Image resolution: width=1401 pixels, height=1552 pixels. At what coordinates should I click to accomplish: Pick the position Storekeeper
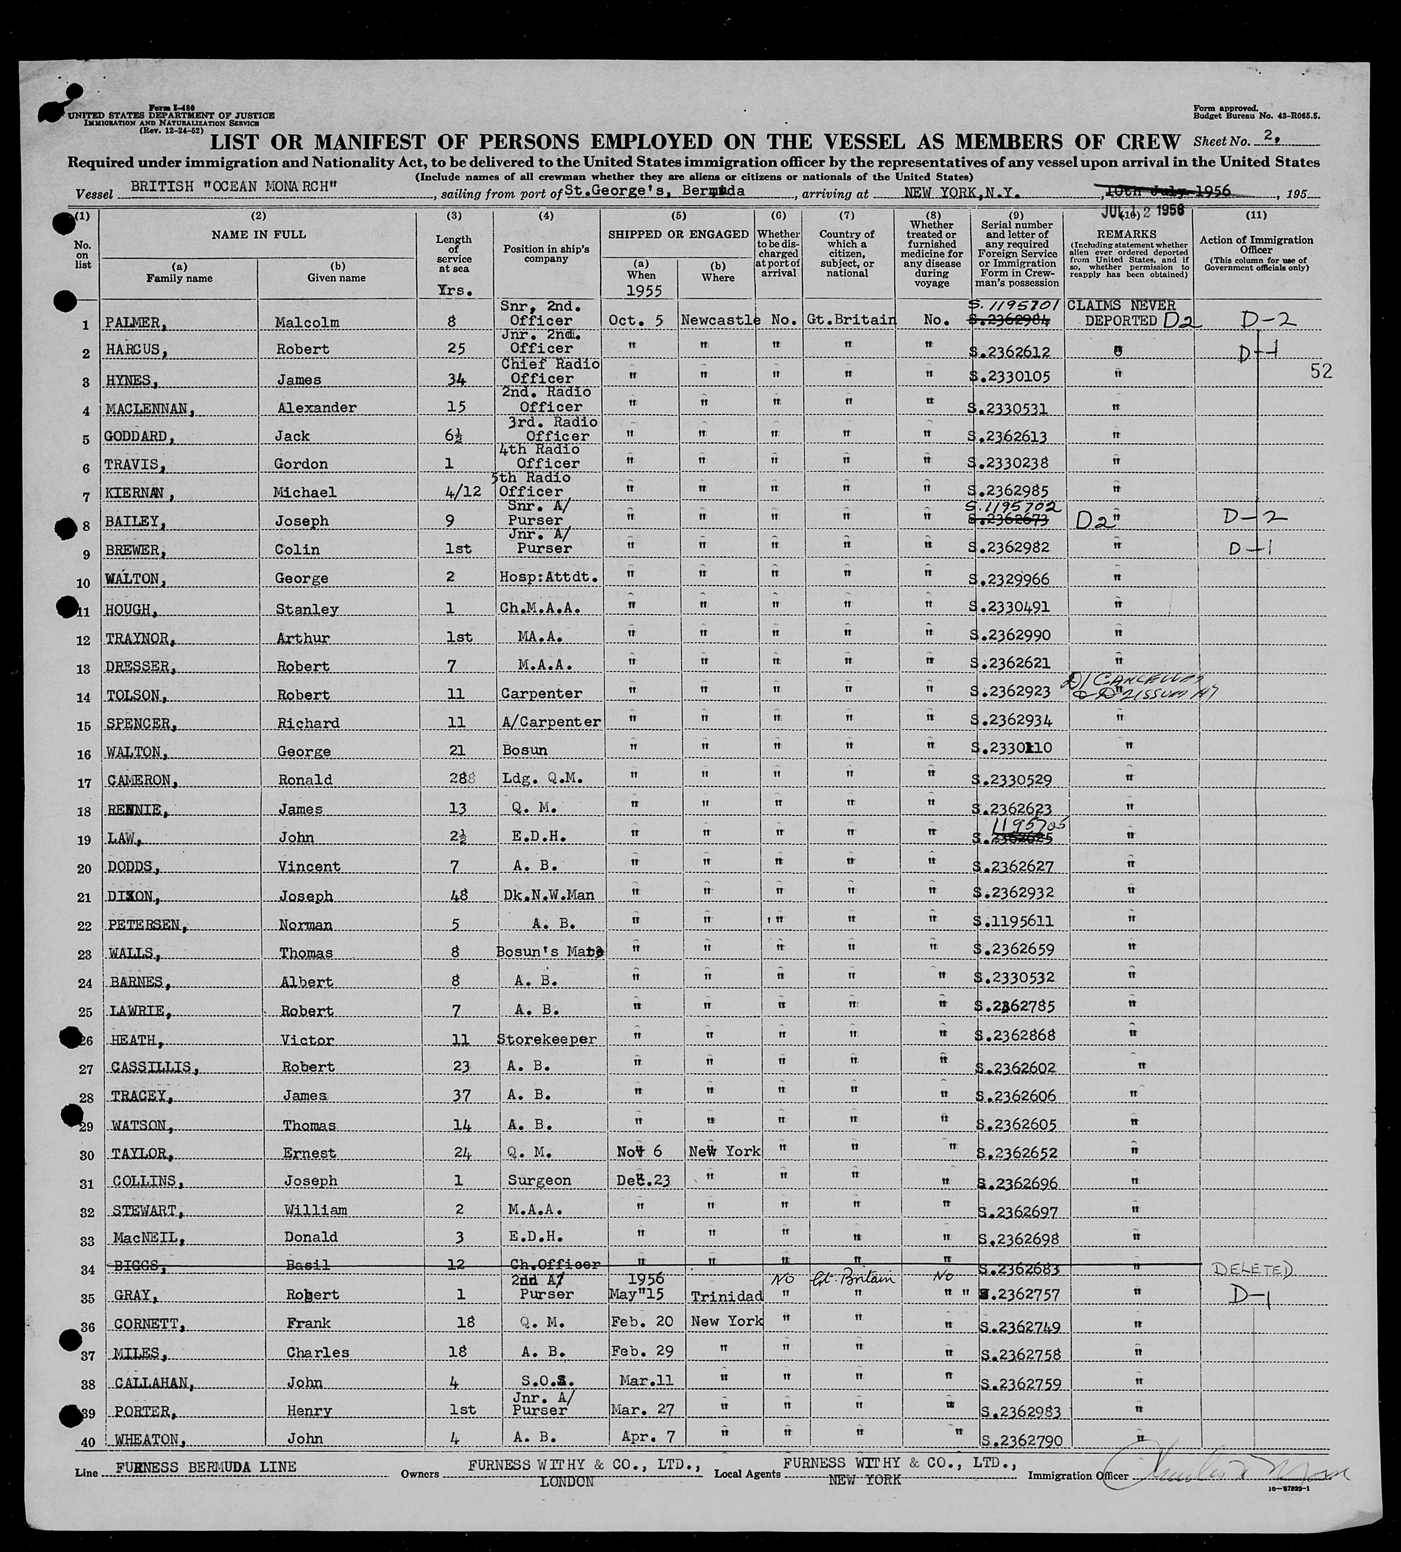(x=546, y=1039)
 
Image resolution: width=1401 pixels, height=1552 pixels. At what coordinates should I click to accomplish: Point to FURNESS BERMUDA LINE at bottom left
(x=206, y=1467)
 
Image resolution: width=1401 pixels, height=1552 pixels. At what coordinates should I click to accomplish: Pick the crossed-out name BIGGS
(x=131, y=1265)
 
